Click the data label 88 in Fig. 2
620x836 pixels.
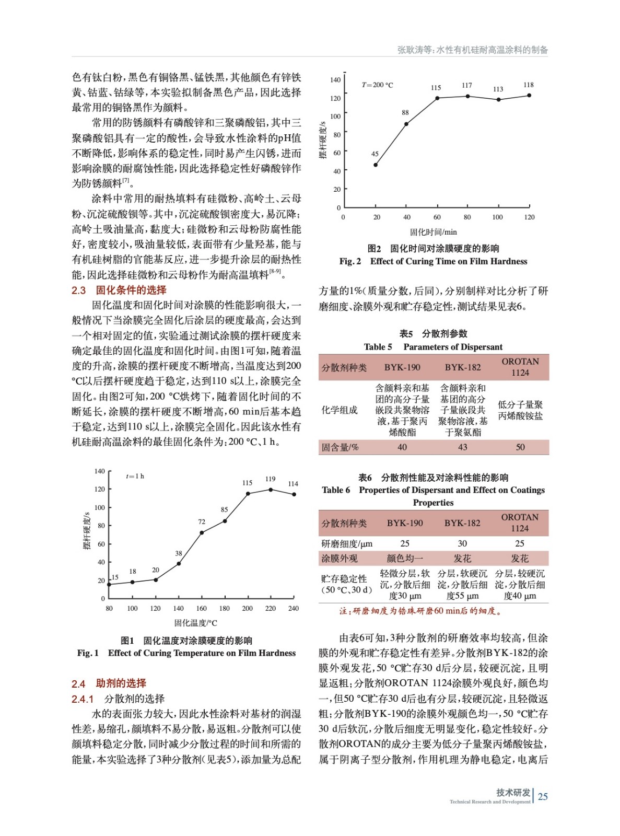405,112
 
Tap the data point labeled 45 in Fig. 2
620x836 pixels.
376,165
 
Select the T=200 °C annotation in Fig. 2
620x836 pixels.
377,85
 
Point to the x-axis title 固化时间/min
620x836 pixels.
433,232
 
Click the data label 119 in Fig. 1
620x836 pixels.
270,479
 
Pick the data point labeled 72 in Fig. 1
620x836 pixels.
202,532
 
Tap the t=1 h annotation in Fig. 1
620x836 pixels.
135,476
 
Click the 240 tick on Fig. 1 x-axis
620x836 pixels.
294,608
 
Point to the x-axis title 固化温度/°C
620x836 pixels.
195,623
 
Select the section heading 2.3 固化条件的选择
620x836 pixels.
119,290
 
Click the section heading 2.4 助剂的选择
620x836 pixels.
109,683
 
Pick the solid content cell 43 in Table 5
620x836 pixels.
462,447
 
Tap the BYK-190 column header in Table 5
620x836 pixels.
402,367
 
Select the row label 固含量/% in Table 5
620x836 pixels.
340,447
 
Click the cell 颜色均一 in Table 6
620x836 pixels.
405,558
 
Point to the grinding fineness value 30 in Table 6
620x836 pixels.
462,543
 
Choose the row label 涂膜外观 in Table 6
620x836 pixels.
340,558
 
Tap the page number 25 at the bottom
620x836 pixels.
543,796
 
